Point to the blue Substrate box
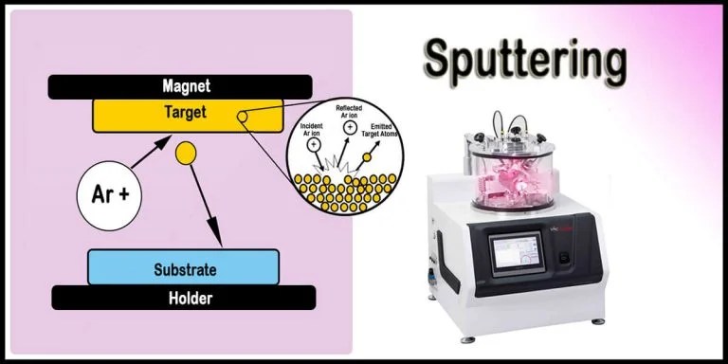(x=183, y=267)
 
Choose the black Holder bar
(x=183, y=298)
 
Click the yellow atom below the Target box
(x=185, y=152)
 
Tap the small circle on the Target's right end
(x=244, y=117)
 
